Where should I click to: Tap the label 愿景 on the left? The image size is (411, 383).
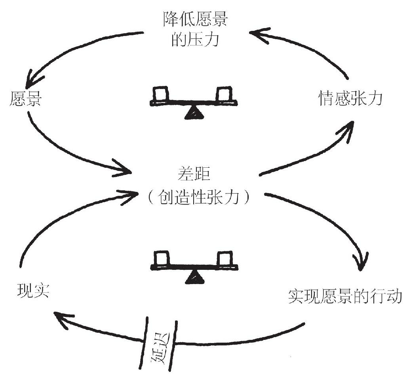[x=25, y=99]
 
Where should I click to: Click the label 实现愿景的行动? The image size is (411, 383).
[x=344, y=296]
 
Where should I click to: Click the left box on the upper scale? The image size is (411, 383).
[x=161, y=94]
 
